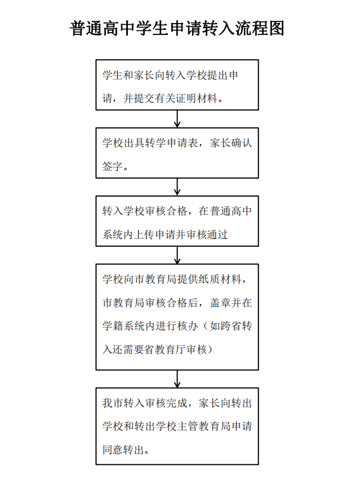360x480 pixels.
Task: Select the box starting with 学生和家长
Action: pyautogui.click(x=177, y=85)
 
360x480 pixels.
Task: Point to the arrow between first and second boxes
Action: pyautogui.click(x=177, y=119)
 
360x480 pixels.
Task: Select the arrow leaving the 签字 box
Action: pyautogui.click(x=177, y=186)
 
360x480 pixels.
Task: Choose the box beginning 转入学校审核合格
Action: pyautogui.click(x=177, y=221)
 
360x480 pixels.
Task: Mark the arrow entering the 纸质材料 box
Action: pyautogui.click(x=177, y=255)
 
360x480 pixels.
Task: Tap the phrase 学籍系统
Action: pyautogui.click(x=122, y=326)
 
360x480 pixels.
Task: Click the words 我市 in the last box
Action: pyautogui.click(x=109, y=403)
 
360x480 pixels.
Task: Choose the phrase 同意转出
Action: pyautogui.click(x=122, y=450)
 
